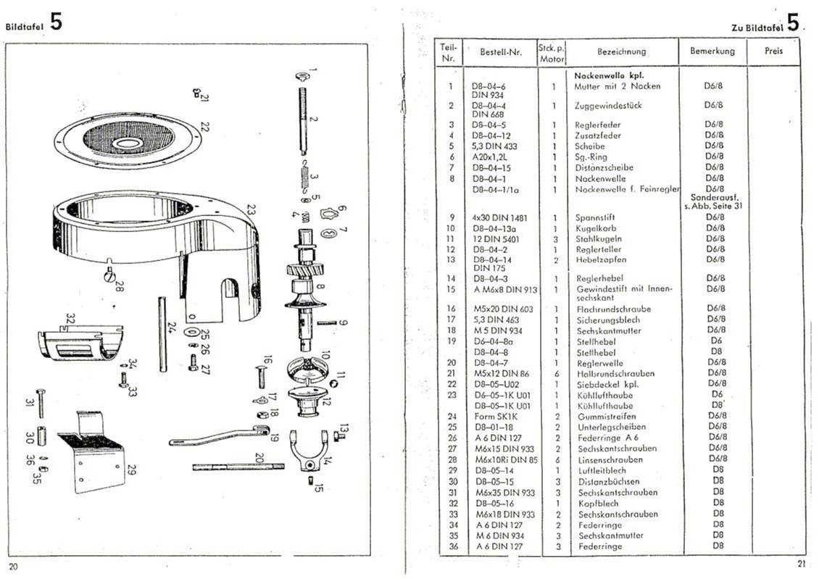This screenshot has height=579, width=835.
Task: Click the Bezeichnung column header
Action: (x=621, y=51)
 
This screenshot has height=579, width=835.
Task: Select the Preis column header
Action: (x=773, y=51)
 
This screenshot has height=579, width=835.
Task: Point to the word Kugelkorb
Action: (x=594, y=228)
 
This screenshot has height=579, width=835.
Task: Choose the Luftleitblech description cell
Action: (x=599, y=470)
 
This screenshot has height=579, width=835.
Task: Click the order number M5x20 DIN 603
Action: (x=502, y=309)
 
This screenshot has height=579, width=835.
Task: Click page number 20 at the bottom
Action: (x=13, y=565)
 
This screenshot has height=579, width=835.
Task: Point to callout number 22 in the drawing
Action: (x=205, y=127)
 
